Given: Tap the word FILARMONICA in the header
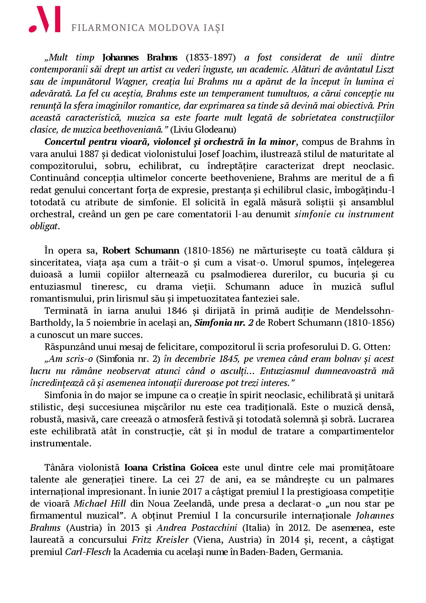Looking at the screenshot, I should click(x=108, y=28).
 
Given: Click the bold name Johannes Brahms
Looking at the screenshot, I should click(x=140, y=57).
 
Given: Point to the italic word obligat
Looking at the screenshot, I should click(x=44, y=226).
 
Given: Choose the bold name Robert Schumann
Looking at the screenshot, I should click(x=141, y=251).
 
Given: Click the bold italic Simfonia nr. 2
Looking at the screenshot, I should click(x=224, y=323).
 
